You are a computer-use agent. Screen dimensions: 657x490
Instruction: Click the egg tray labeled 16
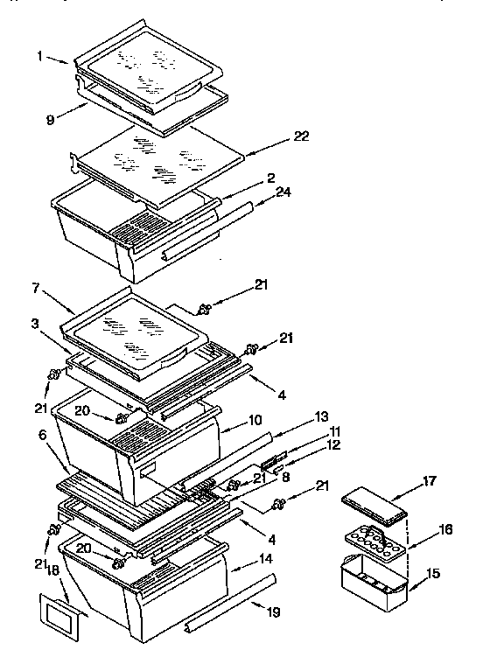(374, 546)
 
